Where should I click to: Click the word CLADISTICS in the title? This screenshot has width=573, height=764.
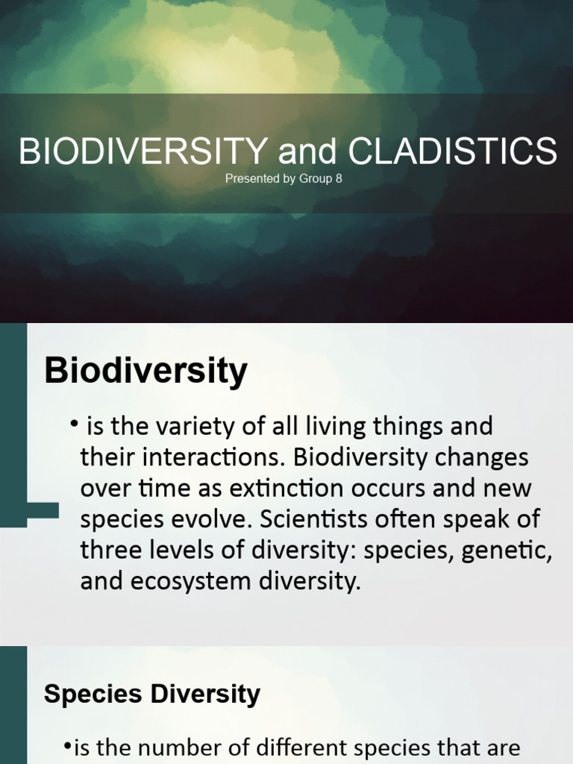(x=453, y=151)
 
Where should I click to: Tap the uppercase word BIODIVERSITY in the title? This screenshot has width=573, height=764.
(x=143, y=151)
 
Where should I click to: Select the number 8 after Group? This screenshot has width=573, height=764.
(x=339, y=179)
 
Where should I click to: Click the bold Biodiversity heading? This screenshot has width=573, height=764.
(x=145, y=371)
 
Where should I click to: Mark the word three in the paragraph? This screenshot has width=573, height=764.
(x=112, y=551)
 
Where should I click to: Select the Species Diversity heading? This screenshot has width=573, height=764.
(x=152, y=694)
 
